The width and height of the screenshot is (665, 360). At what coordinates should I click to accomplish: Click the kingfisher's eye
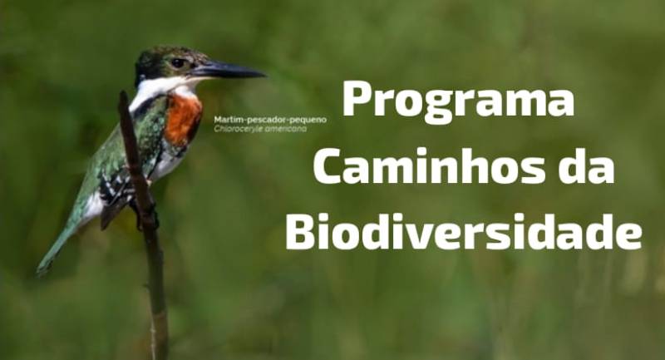(x=178, y=63)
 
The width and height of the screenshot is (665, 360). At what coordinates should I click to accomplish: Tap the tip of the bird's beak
(x=264, y=76)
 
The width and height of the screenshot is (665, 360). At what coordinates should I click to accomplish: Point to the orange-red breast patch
(x=182, y=120)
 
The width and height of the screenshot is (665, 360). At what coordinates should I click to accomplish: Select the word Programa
(x=458, y=99)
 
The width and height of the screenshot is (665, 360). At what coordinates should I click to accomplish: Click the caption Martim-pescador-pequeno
(x=270, y=120)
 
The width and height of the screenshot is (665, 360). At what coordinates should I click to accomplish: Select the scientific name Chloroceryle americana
(x=260, y=129)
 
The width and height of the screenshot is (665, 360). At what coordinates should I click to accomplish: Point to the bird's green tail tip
(x=42, y=269)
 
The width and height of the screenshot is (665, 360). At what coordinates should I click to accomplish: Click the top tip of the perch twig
(x=122, y=93)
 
